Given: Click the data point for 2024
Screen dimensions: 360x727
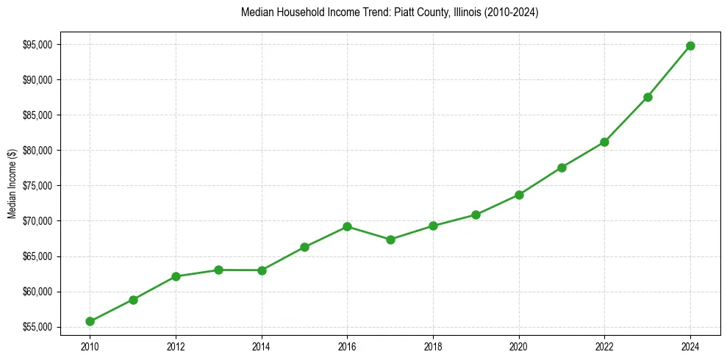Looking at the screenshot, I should pos(690,46).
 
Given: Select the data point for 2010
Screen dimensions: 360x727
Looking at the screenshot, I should pos(90,321).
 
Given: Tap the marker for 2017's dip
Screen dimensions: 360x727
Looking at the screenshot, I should pos(390,240).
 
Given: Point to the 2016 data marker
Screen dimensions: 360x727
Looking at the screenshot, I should pos(347,226).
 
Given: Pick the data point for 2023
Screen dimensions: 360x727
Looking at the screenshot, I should pos(648,97).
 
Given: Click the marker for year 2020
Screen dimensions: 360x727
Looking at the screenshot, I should pos(519,195).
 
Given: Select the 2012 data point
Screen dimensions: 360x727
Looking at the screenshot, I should pos(176,276).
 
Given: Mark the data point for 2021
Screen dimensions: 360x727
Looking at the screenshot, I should pos(562,168).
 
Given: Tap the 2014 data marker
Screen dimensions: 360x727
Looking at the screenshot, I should pos(262,270).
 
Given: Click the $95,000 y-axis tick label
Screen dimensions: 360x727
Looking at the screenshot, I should pos(37,45).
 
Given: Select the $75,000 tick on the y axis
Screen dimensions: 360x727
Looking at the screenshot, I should pos(37,186).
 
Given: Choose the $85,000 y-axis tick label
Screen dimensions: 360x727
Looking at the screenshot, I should pos(37,115).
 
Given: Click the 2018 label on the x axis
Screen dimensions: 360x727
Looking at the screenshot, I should pos(433,345).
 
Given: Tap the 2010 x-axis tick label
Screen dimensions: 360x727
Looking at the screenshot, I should pos(90,345).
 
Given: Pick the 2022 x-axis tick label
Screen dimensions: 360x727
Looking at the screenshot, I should pos(604,345).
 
